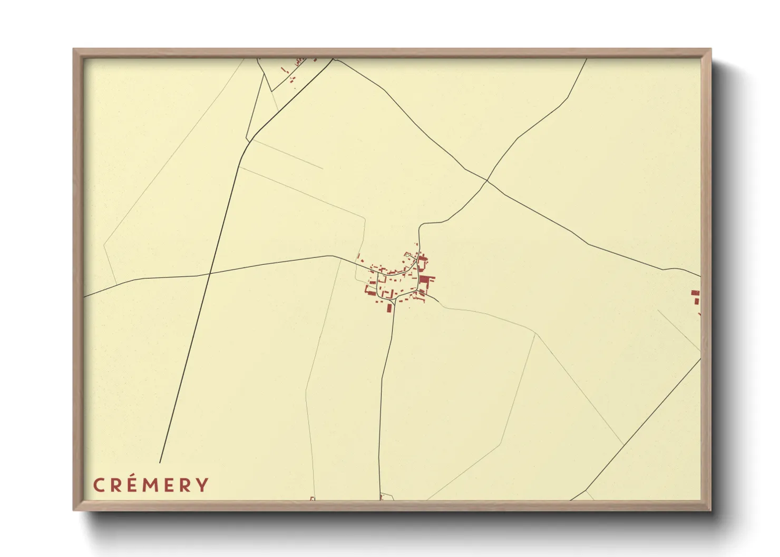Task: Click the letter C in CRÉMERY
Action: tap(98, 485)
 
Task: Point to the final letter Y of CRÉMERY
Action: tap(202, 485)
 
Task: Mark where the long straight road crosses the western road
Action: tap(210, 273)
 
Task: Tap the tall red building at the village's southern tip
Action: tap(390, 307)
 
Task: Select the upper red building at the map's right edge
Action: tap(695, 293)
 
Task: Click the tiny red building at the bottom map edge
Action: tap(312, 498)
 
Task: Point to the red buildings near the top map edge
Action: tap(298, 63)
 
